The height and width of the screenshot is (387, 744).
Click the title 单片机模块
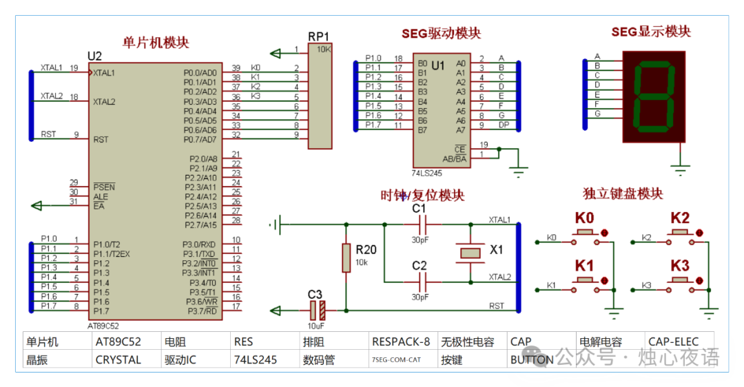click(155, 43)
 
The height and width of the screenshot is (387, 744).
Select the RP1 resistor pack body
click(320, 96)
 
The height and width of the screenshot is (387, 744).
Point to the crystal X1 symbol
click(471, 252)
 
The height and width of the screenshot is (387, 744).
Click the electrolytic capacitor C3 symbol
click(316, 311)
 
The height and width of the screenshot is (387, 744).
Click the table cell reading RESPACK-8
click(400, 342)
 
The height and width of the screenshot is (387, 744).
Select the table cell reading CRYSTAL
click(118, 359)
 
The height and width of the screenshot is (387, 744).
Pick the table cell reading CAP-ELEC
click(673, 342)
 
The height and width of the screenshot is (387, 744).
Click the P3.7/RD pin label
click(201, 311)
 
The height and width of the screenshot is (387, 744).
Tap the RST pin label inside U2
click(101, 139)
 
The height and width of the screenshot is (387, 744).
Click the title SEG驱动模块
click(441, 34)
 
